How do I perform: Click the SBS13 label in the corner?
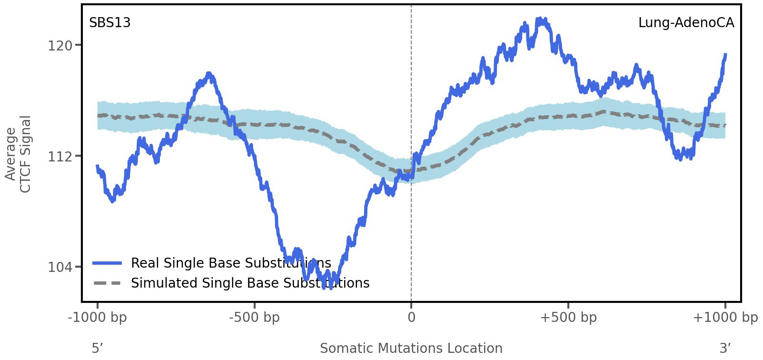110,23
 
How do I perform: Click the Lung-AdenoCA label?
686,23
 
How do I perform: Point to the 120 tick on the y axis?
60,46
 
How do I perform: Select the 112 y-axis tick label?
60,156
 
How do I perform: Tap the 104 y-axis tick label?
60,267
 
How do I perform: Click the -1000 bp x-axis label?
98,317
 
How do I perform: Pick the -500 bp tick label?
254,317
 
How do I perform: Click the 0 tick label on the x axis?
411,317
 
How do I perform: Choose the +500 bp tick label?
568,317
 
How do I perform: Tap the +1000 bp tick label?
725,317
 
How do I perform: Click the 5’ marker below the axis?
97,348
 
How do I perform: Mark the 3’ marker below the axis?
725,348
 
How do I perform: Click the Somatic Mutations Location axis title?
411,348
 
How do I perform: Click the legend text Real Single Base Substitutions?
231,263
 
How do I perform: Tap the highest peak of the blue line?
540,20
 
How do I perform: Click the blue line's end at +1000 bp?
725,55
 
